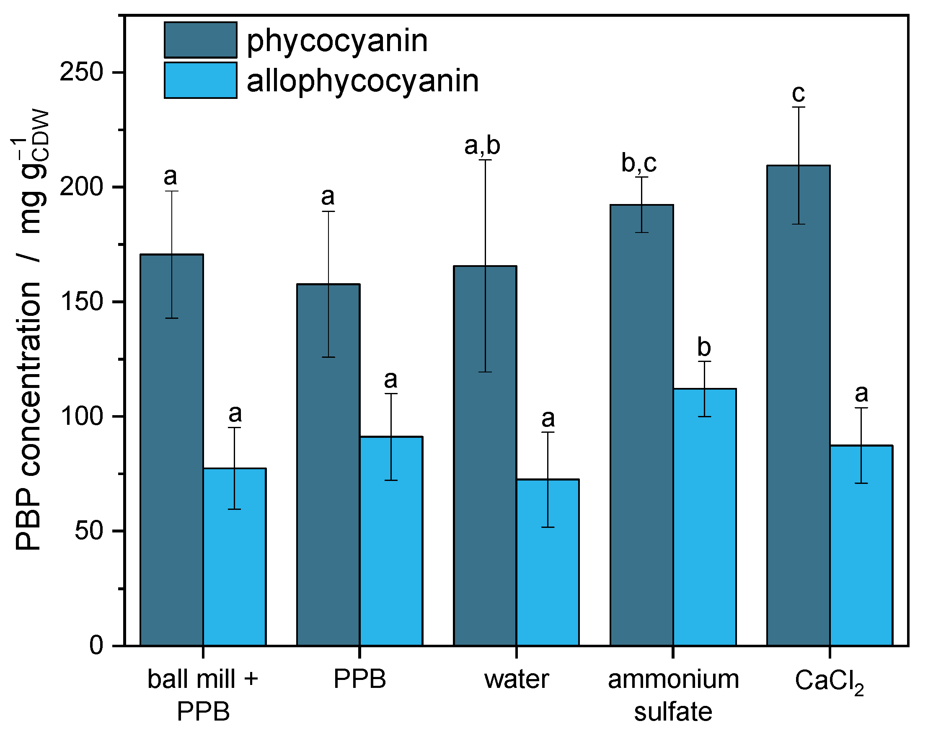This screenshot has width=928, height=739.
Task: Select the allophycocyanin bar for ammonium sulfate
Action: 705,517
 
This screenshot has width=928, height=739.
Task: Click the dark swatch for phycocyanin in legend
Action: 201,40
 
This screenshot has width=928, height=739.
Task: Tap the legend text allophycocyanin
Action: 362,81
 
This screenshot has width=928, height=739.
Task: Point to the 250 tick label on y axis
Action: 82,72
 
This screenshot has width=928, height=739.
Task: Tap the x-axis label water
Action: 516,680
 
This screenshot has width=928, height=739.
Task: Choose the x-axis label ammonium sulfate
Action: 673,695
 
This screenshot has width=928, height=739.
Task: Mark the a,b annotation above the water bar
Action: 482,146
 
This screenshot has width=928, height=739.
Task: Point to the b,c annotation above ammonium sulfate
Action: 639,163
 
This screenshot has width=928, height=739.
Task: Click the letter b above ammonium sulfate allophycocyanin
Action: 704,348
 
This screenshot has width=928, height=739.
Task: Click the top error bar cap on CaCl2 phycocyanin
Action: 799,107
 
